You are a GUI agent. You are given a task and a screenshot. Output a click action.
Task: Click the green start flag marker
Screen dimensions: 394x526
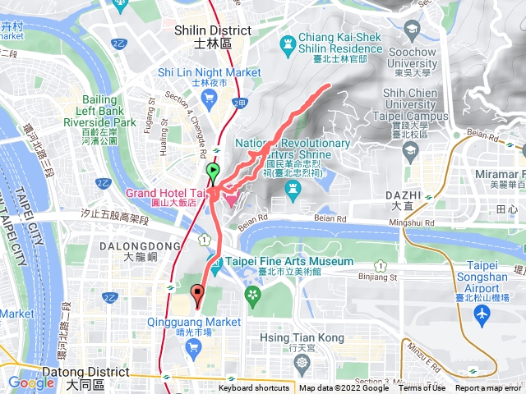[x=213, y=172]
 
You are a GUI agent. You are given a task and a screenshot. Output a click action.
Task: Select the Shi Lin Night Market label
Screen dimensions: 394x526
[x=210, y=72]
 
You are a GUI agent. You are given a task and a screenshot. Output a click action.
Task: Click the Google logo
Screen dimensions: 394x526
[x=30, y=382]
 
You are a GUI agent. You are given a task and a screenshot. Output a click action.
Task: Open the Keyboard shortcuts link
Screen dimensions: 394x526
[x=254, y=388]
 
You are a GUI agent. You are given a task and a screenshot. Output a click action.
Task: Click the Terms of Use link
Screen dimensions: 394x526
[x=422, y=388]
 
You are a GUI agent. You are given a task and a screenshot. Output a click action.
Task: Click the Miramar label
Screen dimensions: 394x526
[x=501, y=179]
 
